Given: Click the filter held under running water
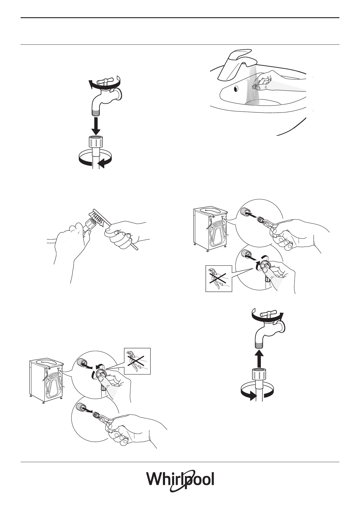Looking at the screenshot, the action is pyautogui.click(x=257, y=86).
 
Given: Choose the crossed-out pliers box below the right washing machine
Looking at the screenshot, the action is pyautogui.click(x=219, y=278).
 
